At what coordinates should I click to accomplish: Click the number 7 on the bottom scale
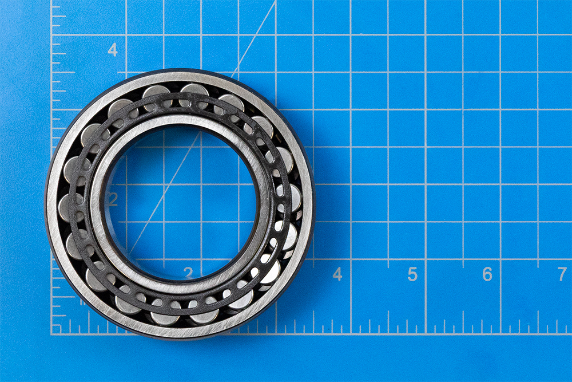[562, 274]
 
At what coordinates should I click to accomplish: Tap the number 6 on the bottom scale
[487, 274]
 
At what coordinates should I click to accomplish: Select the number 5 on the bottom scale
[412, 274]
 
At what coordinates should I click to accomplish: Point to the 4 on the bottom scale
[337, 274]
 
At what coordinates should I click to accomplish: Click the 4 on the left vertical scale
[113, 50]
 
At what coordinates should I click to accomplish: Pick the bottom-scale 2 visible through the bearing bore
[188, 273]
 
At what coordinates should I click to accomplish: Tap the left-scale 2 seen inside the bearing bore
[113, 199]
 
